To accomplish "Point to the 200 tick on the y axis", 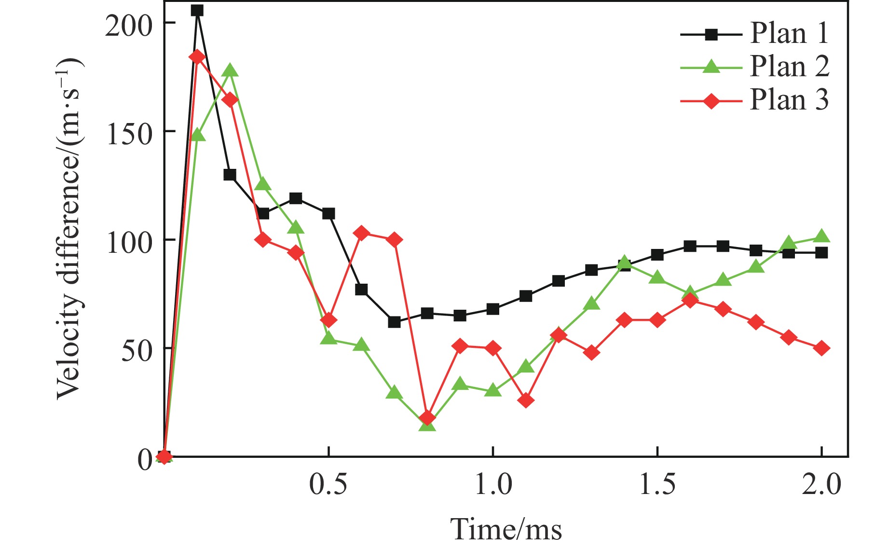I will pos(129,24).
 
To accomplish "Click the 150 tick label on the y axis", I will pos(129,132).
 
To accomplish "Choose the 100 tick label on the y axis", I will pos(129,241).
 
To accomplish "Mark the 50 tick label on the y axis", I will pos(136,349).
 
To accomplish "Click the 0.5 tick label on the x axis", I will pos(328,483).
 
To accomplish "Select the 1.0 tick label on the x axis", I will pos(493,483).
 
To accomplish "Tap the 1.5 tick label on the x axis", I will pos(657,483).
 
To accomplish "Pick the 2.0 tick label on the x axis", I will pos(821,483).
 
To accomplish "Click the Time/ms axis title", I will pos(506,529).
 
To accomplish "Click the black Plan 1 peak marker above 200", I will pos(197,10).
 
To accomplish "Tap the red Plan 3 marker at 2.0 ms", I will pos(822,348).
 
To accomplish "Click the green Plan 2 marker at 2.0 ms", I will pos(822,236).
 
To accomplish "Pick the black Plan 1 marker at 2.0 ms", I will pos(822,253).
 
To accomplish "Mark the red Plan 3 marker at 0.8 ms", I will pos(427,417).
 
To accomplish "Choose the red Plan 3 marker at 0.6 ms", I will pos(361,234).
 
